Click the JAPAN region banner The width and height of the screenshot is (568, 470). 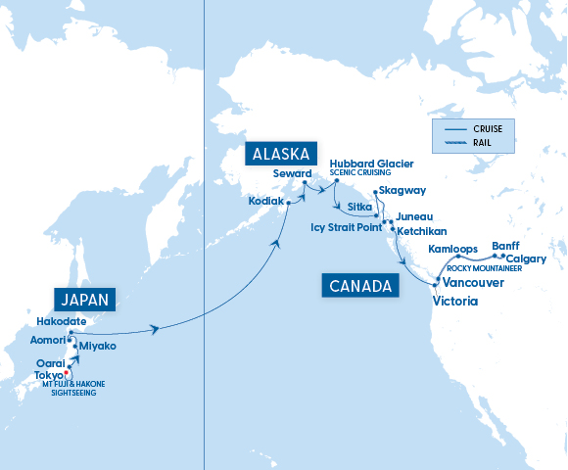[83, 300]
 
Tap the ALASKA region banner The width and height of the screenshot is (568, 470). [281, 155]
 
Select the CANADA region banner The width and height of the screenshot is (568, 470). [359, 286]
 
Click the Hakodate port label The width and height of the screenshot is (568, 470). [61, 321]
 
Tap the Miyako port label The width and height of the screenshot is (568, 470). [97, 347]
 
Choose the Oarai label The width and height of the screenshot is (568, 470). [51, 362]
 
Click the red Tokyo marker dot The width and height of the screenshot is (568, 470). [68, 374]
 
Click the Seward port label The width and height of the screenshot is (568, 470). [293, 173]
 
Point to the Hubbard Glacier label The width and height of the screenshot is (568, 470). [371, 163]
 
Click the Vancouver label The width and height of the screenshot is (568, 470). [473, 282]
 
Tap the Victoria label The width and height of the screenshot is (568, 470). [454, 302]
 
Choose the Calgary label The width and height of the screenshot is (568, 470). [528, 258]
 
